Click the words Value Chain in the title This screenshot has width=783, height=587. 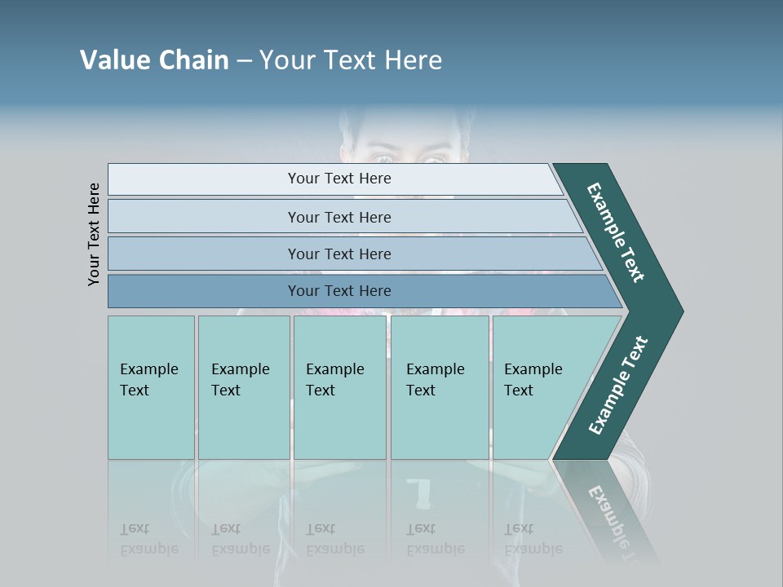tap(154, 60)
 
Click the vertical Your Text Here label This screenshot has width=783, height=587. tap(94, 234)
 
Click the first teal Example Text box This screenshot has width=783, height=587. tap(151, 387)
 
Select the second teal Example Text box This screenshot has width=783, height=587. tap(244, 387)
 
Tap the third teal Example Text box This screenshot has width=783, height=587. tap(339, 387)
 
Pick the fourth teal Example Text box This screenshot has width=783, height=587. tap(440, 387)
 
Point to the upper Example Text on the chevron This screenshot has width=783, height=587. tap(616, 232)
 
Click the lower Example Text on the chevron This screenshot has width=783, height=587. tap(618, 385)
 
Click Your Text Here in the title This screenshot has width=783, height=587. tap(351, 60)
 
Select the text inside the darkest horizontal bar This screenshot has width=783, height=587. tap(339, 291)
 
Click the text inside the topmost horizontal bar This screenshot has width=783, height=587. tap(339, 179)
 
